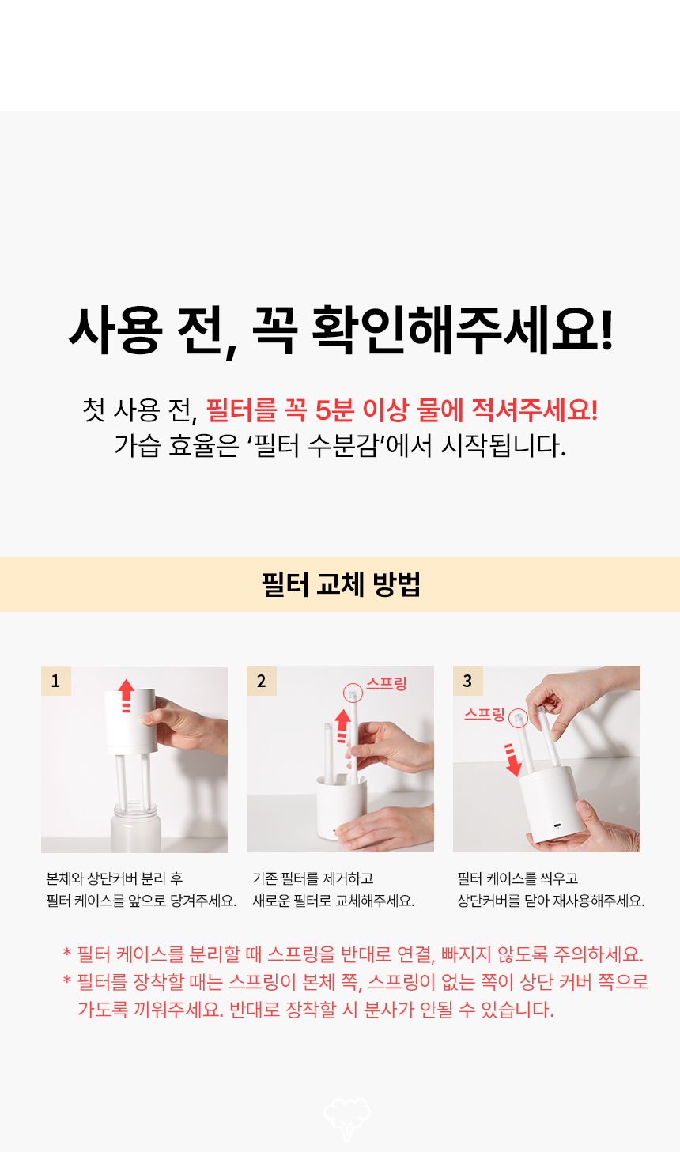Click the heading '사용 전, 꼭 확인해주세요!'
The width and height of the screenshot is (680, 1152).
(340, 330)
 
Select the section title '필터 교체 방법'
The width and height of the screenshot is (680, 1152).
(340, 584)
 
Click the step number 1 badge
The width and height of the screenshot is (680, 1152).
(55, 681)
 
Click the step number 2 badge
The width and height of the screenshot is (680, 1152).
(262, 681)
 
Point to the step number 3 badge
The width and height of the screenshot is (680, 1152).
(467, 681)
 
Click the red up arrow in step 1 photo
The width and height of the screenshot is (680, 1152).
(126, 694)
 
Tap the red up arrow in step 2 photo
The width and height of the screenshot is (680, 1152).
(342, 724)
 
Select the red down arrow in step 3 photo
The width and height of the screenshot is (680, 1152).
(513, 760)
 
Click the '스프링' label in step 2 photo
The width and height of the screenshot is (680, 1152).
(386, 683)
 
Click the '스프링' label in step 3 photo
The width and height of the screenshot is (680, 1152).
(484, 714)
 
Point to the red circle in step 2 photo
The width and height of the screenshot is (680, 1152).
(353, 693)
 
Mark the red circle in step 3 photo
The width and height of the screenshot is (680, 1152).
(518, 718)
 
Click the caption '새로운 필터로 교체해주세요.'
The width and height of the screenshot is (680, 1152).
(333, 901)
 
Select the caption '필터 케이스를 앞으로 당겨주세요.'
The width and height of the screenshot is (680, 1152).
(141, 901)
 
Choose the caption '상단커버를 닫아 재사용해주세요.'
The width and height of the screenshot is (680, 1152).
(550, 901)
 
